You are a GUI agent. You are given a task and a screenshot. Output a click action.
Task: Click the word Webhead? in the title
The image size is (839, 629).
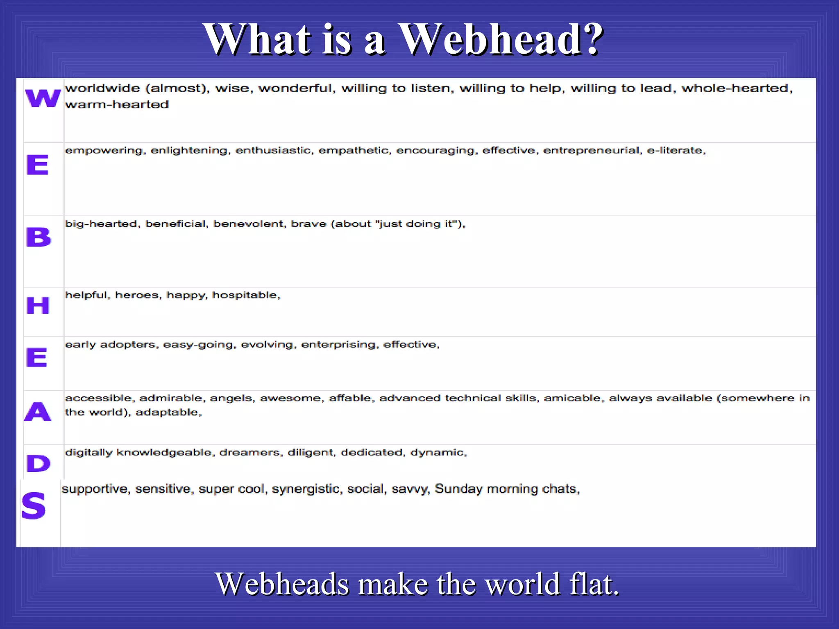click(x=501, y=39)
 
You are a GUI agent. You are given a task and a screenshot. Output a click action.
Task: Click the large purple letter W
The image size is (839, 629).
click(x=43, y=98)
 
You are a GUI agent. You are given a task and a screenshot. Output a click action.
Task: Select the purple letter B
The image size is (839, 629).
click(x=39, y=237)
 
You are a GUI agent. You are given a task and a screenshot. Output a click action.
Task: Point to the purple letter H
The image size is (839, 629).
click(x=38, y=305)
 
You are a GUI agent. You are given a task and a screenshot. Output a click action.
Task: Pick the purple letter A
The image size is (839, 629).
click(x=38, y=412)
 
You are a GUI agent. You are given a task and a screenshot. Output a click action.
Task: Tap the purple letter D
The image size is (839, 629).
click(x=39, y=464)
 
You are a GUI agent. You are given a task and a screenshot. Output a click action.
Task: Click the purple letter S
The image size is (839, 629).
click(x=34, y=506)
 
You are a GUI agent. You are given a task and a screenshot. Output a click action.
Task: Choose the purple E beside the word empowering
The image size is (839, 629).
click(x=38, y=165)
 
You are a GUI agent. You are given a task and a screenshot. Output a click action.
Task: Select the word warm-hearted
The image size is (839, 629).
click(x=117, y=104)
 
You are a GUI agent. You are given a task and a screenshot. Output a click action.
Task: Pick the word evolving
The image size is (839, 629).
click(x=268, y=345)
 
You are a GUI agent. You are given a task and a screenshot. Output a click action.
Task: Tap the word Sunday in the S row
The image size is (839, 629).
click(x=458, y=489)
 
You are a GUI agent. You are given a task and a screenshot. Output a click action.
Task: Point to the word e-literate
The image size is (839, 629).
click(x=676, y=151)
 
